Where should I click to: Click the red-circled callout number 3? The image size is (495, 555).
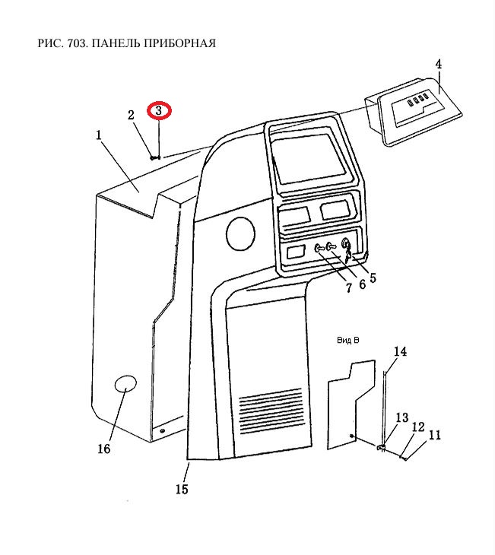point(160,111)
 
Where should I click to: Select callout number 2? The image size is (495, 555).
point(131,115)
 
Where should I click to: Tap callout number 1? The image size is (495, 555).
point(99,135)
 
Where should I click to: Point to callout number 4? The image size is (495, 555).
point(438,64)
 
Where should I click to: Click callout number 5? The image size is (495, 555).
point(372,278)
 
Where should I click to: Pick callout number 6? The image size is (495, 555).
point(361,284)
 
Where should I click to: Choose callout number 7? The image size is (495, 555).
point(348,288)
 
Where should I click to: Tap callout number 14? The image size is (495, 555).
point(400,351)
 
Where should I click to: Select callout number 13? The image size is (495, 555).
point(401,417)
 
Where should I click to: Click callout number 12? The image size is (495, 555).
point(417,427)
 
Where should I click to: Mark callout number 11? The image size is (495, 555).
point(434,435)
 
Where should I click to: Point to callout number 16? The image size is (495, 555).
point(103,449)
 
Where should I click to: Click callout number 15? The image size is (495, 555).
point(181,489)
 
